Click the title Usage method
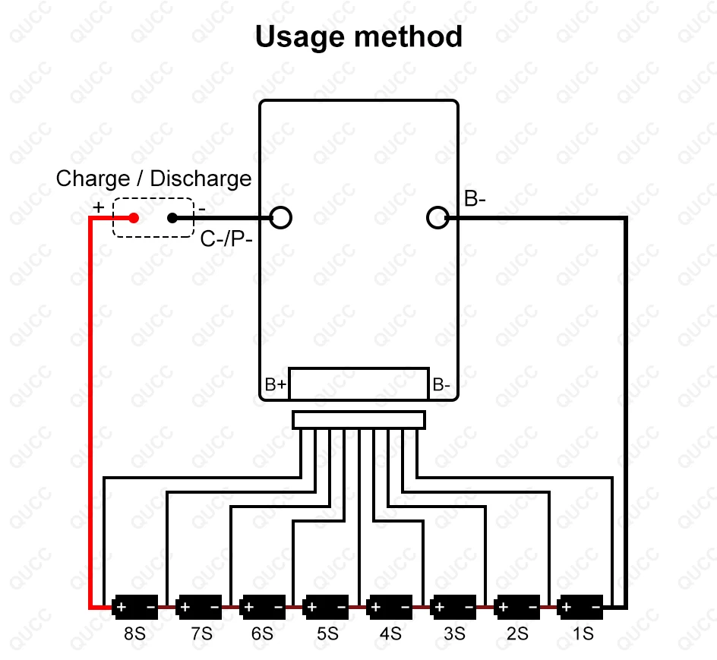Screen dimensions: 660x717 click(x=358, y=36)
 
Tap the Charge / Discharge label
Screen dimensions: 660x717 click(x=153, y=178)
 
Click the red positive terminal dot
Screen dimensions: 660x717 click(x=134, y=218)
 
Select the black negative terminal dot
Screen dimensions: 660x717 click(x=172, y=218)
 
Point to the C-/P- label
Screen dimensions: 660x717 click(x=226, y=240)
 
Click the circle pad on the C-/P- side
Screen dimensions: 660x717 click(x=280, y=218)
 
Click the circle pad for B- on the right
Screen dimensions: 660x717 click(x=437, y=218)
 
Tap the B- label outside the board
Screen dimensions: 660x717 click(x=475, y=199)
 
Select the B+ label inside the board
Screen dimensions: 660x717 click(x=276, y=385)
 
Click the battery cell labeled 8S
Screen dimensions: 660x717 click(x=135, y=607)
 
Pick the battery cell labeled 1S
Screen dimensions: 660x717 click(x=580, y=607)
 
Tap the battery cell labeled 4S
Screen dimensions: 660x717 click(x=390, y=607)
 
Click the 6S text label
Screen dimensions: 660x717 click(x=262, y=633)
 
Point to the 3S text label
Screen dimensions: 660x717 click(x=453, y=633)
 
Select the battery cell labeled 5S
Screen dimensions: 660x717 click(x=326, y=607)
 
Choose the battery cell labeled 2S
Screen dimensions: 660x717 click(x=516, y=607)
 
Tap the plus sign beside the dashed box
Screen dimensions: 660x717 click(x=98, y=207)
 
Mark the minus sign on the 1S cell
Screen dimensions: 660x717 click(x=595, y=607)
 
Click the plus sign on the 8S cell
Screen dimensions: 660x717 click(x=121, y=607)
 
